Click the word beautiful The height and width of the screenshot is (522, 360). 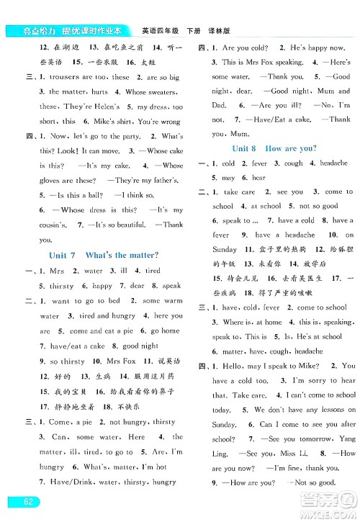click(x=134, y=225)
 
